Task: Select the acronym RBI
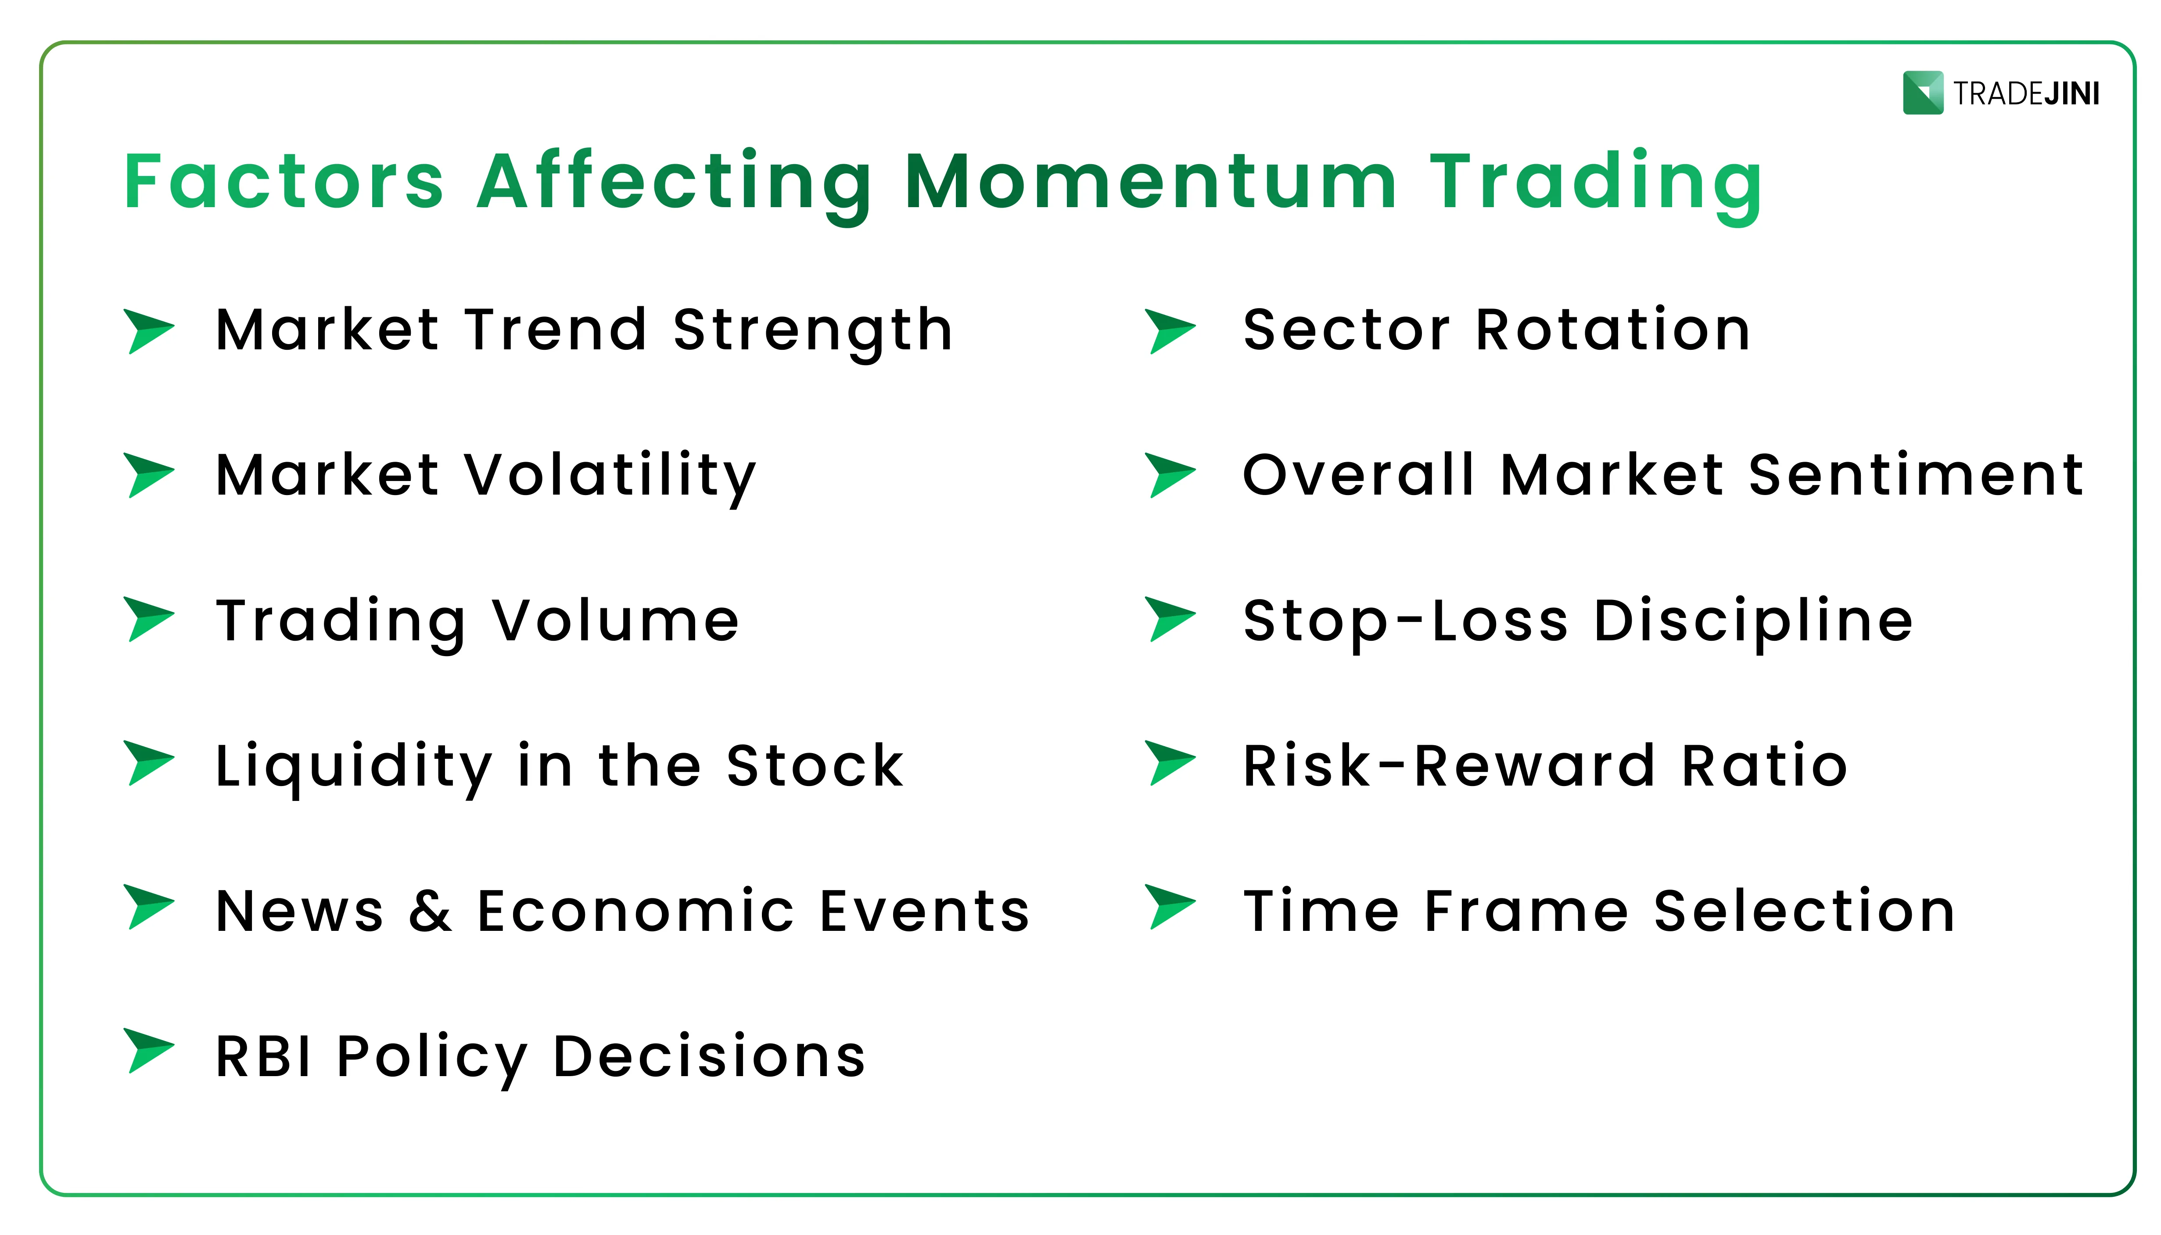tap(264, 1057)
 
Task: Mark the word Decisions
tap(709, 1057)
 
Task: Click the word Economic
tap(636, 911)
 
